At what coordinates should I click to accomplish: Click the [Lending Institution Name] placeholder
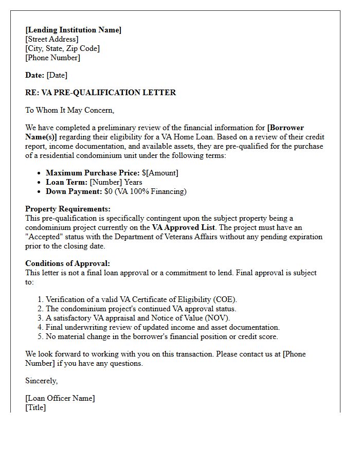point(73,30)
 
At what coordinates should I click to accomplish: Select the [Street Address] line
point(52,39)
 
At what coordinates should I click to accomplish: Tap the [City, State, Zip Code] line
point(62,48)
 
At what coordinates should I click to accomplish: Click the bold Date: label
point(35,75)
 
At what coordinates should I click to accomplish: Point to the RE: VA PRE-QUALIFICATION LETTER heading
point(100,93)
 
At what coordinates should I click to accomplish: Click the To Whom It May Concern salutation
point(69,110)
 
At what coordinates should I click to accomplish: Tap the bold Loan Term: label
point(67,182)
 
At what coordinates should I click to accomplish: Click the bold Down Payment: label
point(74,191)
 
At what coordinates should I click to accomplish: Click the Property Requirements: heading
point(68,209)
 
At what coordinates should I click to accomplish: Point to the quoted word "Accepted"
point(44,237)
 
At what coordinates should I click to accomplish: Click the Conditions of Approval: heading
point(67,263)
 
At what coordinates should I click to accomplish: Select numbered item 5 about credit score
point(161,336)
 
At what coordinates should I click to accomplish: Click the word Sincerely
point(42,381)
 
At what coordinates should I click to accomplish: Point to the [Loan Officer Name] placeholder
point(60,398)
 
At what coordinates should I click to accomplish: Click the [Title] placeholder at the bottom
point(35,407)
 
